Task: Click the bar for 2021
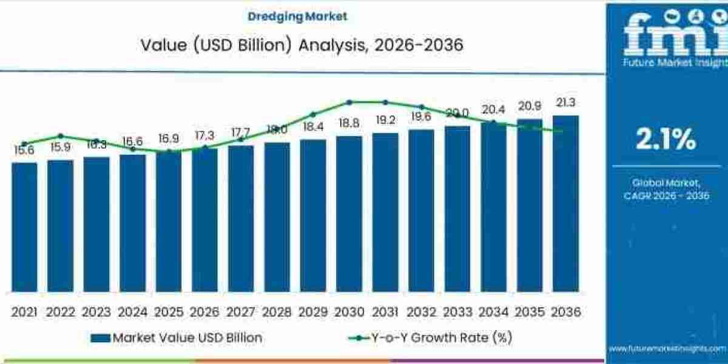tap(24, 227)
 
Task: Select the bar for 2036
tap(565, 203)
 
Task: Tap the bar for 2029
tap(313, 215)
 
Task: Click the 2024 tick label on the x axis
tap(132, 312)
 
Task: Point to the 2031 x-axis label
tap(385, 312)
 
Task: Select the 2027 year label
tap(241, 312)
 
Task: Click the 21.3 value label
tap(565, 103)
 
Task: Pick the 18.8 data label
tap(349, 123)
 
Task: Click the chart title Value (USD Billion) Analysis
tap(302, 45)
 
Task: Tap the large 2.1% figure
tap(666, 140)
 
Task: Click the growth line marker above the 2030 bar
tap(349, 102)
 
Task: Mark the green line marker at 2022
tap(60, 136)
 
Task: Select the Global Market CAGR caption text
tap(666, 189)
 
